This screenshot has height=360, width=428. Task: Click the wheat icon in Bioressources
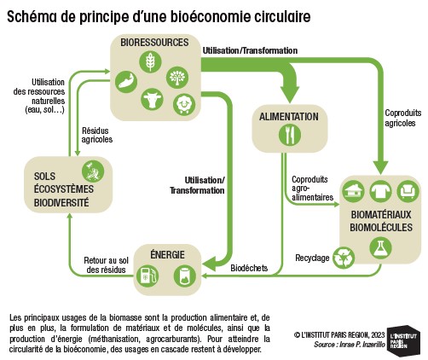pos(150,61)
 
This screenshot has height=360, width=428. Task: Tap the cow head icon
pos(152,99)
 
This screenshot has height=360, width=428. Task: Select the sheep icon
pos(184,104)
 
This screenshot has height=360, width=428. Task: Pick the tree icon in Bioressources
pos(177,77)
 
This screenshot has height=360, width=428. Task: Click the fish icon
pos(126,82)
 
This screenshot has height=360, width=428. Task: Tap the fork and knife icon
pos(290,135)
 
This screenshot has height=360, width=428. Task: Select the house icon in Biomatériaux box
pos(353,191)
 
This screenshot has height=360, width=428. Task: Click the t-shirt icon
pos(380,191)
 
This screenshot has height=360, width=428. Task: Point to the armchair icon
pos(408,191)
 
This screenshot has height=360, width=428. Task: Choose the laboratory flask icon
pos(381,247)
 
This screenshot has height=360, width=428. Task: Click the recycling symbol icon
pos(344,258)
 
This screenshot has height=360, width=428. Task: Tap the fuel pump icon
pos(147,276)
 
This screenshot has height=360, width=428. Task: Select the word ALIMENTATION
pos(289,117)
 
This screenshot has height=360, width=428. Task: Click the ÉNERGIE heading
pos(167,254)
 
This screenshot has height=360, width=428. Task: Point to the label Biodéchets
pos(249,268)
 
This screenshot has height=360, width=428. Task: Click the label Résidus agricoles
pos(97,135)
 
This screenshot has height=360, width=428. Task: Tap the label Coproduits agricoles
pos(403,118)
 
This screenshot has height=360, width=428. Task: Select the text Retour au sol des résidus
pos(106,265)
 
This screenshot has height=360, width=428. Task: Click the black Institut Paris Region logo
pos(403,340)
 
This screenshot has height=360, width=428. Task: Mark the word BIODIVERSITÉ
pos(61,203)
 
